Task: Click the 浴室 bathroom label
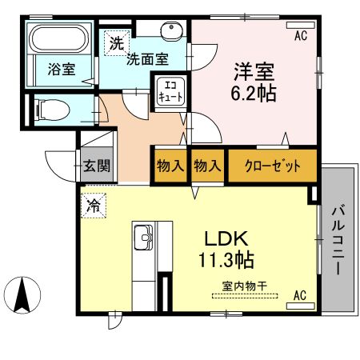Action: pyautogui.click(x=61, y=70)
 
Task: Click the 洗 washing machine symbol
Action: pyautogui.click(x=117, y=44)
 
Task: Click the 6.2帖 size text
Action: pyautogui.click(x=255, y=93)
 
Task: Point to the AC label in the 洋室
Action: pyautogui.click(x=301, y=35)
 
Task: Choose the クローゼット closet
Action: pyautogui.click(x=272, y=166)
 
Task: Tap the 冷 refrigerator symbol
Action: pyautogui.click(x=94, y=205)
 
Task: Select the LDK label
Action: pyautogui.click(x=226, y=238)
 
